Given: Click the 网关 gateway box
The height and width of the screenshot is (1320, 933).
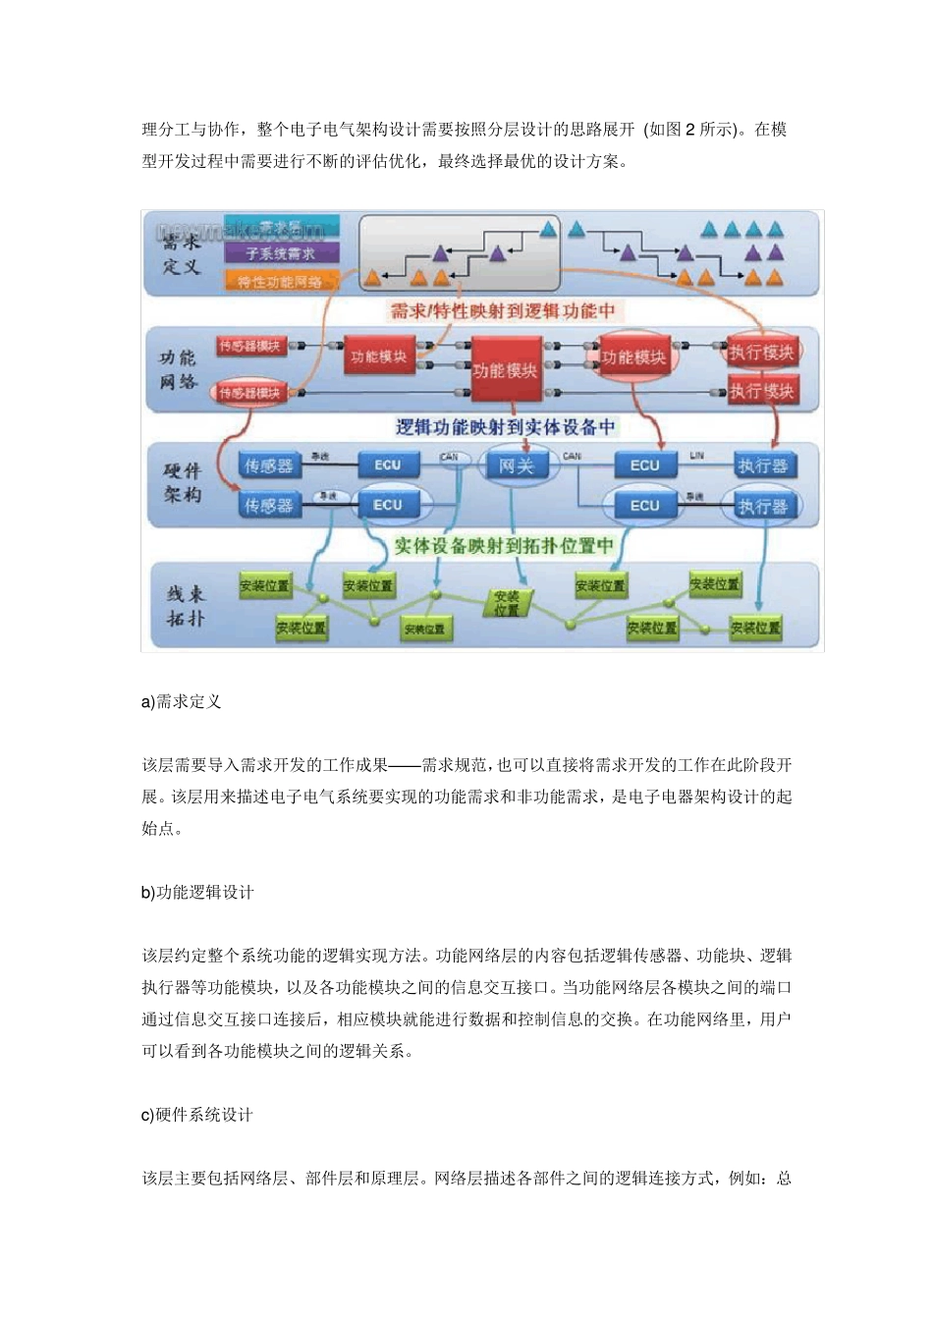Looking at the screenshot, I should (x=517, y=466).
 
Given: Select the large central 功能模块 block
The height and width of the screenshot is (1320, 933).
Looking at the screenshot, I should (x=505, y=370).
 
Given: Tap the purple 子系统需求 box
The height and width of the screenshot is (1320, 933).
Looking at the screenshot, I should (x=281, y=253).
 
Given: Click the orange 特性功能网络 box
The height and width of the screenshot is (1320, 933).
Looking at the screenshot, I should (x=281, y=282).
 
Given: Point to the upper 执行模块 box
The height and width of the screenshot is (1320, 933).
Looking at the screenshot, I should (x=761, y=353).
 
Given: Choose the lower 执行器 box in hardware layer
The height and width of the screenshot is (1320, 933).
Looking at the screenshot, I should (x=763, y=506).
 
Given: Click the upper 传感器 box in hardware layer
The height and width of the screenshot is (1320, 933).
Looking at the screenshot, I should (x=268, y=466).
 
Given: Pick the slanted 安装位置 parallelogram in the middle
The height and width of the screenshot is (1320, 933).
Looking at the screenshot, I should (x=507, y=602).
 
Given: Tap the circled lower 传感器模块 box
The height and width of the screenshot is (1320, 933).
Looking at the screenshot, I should (x=249, y=393).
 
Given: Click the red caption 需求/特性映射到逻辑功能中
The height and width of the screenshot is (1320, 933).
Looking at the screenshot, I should (x=503, y=311).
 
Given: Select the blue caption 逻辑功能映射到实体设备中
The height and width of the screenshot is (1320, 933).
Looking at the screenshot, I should (x=505, y=427).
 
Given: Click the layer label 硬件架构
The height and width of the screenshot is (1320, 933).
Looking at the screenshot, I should (x=183, y=483).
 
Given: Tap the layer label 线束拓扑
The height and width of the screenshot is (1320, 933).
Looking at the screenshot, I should (x=185, y=606).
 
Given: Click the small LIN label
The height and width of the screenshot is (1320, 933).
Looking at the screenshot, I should (x=696, y=456).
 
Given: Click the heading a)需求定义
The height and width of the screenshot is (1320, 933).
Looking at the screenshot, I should (x=182, y=701).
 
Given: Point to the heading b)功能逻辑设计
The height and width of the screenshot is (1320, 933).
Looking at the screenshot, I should (x=197, y=892).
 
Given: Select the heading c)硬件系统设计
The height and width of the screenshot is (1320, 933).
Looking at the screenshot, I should (x=197, y=1115).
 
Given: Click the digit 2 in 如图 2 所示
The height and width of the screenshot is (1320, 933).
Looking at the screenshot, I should (x=690, y=130).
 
